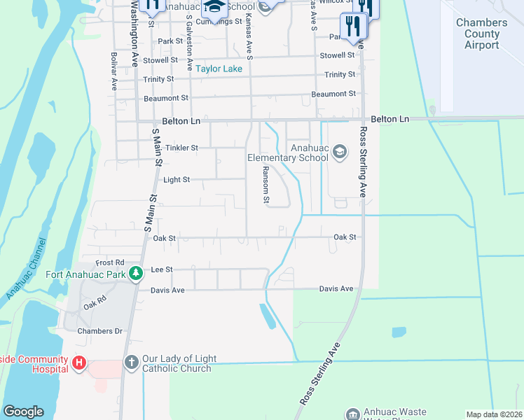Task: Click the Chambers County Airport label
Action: (481, 34)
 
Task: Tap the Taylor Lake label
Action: (219, 69)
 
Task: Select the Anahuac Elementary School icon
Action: (340, 152)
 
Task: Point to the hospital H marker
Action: (79, 364)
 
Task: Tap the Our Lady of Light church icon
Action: (131, 363)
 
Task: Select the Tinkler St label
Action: (182, 148)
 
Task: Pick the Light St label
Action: (177, 180)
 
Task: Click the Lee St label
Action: (162, 269)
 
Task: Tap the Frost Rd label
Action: (110, 262)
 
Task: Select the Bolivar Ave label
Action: (113, 71)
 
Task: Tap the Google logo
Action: (23, 412)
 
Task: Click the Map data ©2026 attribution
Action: (494, 414)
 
